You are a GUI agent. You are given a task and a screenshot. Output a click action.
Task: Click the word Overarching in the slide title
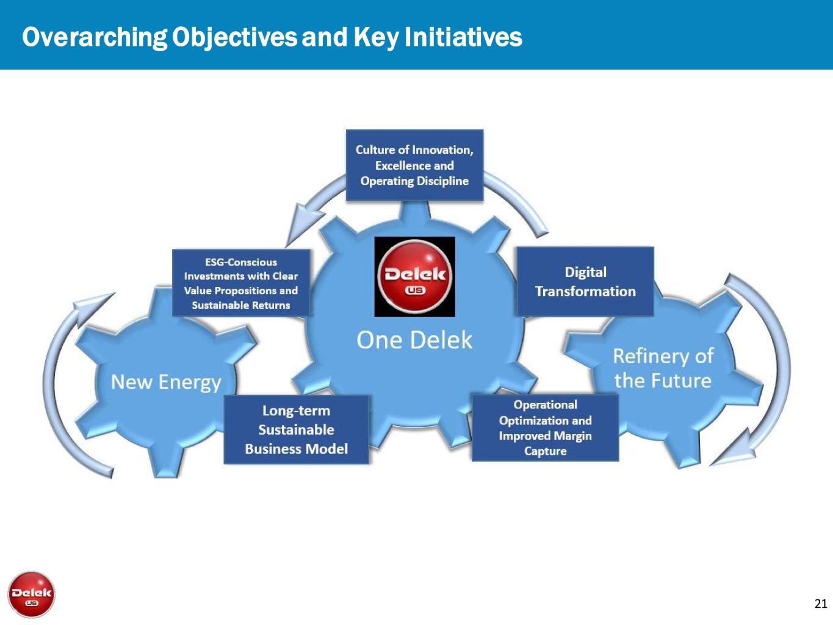pyautogui.click(x=95, y=38)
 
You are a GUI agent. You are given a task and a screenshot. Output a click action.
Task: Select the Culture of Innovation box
pyautogui.click(x=414, y=165)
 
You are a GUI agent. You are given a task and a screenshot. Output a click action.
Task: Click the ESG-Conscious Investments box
pyautogui.click(x=241, y=283)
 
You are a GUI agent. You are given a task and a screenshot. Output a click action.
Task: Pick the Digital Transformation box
pyautogui.click(x=585, y=281)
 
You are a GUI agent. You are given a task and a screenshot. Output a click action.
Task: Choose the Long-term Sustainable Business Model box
pyautogui.click(x=296, y=430)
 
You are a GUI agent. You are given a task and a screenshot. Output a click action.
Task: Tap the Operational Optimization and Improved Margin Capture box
pyautogui.click(x=545, y=428)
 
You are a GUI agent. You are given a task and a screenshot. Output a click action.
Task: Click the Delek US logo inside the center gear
pyautogui.click(x=415, y=276)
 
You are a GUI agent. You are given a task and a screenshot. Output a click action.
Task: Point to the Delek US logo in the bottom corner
pyautogui.click(x=32, y=594)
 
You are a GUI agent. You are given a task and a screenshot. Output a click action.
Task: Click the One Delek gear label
pyautogui.click(x=414, y=339)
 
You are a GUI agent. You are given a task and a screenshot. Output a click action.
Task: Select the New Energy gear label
pyautogui.click(x=166, y=382)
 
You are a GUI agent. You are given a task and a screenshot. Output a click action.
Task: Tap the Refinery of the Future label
pyautogui.click(x=663, y=368)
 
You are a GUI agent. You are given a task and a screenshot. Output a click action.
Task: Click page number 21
pyautogui.click(x=820, y=604)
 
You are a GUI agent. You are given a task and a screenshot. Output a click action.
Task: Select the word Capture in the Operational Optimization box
pyautogui.click(x=546, y=451)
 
